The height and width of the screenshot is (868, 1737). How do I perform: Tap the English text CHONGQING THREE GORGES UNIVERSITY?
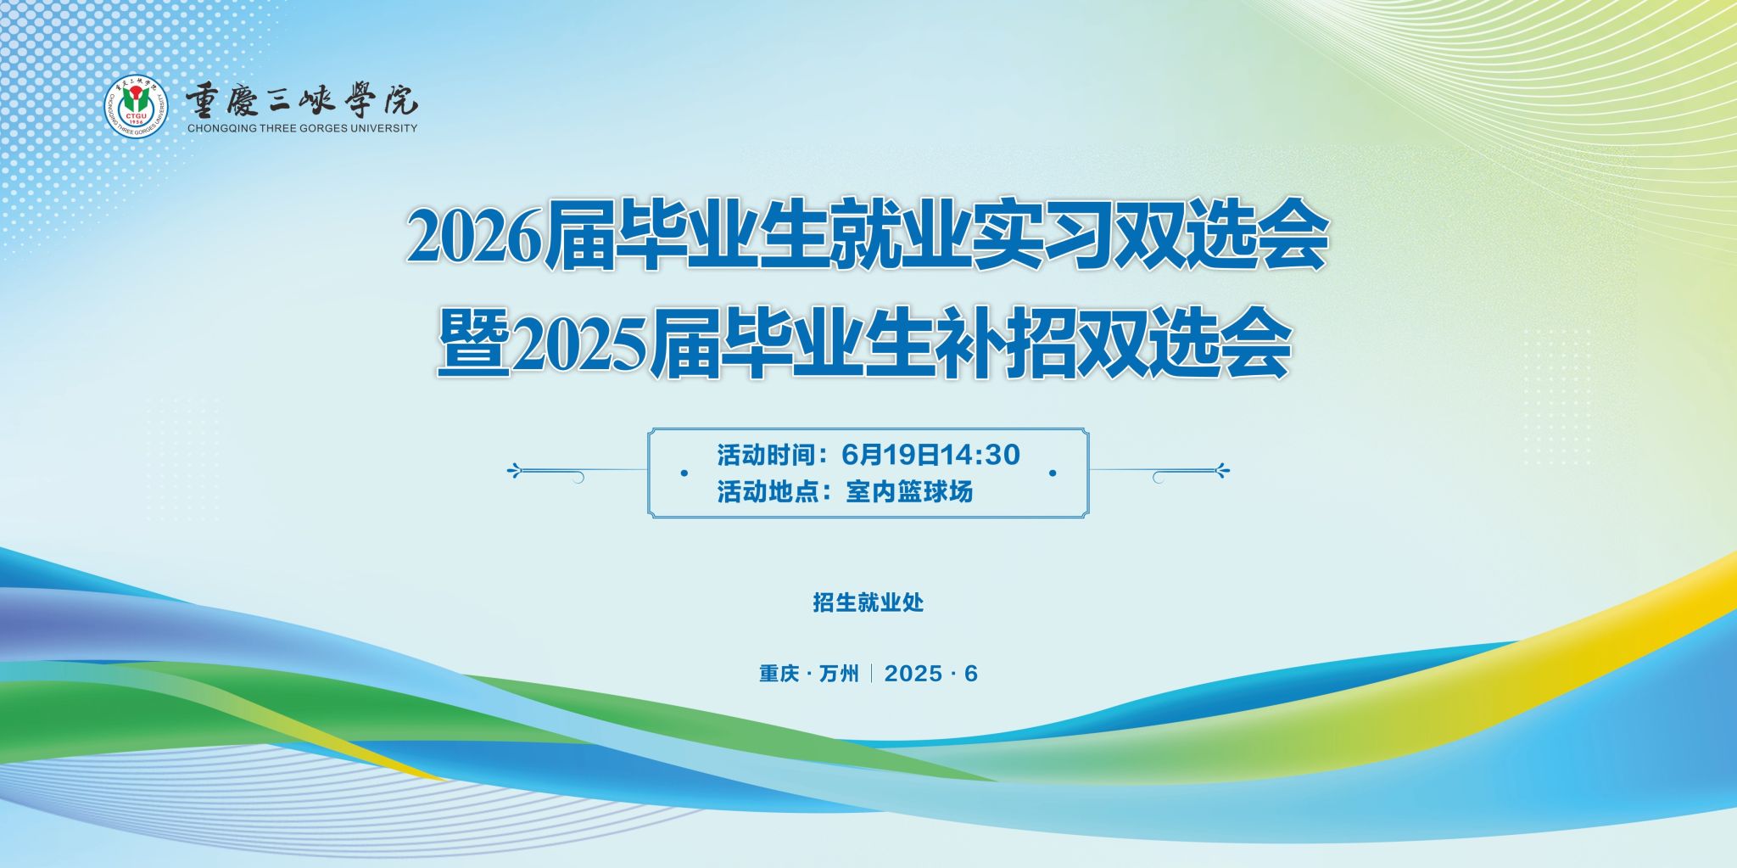tap(302, 129)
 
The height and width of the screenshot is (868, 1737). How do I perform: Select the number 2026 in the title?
tap(474, 238)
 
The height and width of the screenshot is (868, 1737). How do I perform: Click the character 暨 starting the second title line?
tap(473, 346)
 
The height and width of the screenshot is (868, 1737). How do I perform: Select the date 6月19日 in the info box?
tap(891, 455)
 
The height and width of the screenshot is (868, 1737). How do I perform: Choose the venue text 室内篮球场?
tap(909, 492)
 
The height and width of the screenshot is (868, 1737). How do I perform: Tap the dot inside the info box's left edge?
tap(684, 473)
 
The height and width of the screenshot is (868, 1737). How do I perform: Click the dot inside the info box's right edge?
tap(1053, 473)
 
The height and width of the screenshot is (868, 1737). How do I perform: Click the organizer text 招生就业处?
tap(868, 603)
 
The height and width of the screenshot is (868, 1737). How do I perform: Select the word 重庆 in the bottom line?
tap(779, 674)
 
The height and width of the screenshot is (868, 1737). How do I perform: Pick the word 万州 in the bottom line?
tap(839, 674)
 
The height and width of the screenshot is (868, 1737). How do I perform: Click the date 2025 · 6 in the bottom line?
tap(930, 674)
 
